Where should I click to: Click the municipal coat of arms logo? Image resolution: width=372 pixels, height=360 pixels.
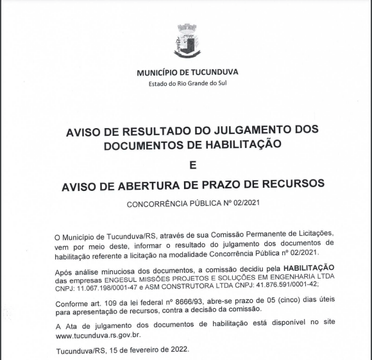[187, 41]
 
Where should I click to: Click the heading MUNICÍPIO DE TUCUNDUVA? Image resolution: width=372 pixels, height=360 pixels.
[187, 72]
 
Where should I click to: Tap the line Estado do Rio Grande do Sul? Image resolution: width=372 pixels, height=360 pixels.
[187, 84]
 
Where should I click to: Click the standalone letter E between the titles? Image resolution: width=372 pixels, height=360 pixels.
[190, 165]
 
